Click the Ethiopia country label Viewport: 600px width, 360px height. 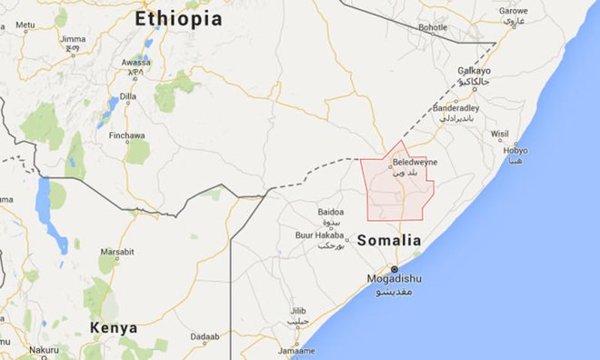pyautogui.click(x=178, y=18)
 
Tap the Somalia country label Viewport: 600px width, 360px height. pyautogui.click(x=389, y=241)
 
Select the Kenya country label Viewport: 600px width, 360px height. pyautogui.click(x=114, y=327)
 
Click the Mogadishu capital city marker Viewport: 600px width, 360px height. pyautogui.click(x=394, y=269)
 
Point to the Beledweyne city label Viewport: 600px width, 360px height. pyautogui.click(x=415, y=163)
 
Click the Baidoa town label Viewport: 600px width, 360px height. pyautogui.click(x=331, y=212)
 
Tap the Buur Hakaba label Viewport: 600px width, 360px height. pyautogui.click(x=318, y=235)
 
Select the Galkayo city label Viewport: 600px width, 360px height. pyautogui.click(x=475, y=70)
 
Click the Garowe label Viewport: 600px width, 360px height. pyautogui.click(x=514, y=11)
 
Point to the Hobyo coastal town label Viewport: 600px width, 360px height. pyautogui.click(x=515, y=151)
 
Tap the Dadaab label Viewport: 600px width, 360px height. pyautogui.click(x=205, y=336)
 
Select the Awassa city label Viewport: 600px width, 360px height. pyautogui.click(x=135, y=63)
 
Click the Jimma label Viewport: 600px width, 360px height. pyautogui.click(x=73, y=40)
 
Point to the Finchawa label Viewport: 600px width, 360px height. pyautogui.click(x=126, y=136)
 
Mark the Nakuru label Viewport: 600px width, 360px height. pyautogui.click(x=43, y=349)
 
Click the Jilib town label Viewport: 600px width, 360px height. pyautogui.click(x=298, y=310)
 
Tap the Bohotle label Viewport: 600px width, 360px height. pyautogui.click(x=433, y=28)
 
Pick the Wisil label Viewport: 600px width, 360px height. pyautogui.click(x=500, y=134)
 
